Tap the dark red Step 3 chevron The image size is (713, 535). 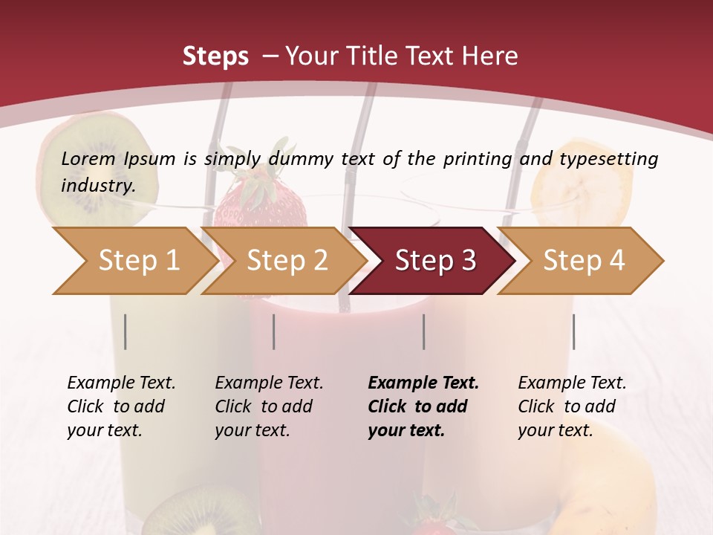pos(435,261)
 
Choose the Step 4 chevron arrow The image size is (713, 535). pos(584,261)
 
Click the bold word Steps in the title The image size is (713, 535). pos(215,56)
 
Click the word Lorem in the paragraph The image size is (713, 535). pos(88,158)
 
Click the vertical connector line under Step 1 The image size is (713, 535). pos(126,331)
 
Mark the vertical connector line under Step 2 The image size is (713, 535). pos(274,331)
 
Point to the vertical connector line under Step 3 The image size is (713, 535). pos(423,331)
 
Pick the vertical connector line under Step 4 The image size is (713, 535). pos(573,331)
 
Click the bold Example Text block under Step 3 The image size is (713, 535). pos(423,406)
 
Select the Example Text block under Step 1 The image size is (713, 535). pos(121,406)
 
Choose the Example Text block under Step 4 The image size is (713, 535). pos(572,406)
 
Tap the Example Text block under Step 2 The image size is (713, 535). pos(269,406)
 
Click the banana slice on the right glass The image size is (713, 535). pos(583,182)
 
